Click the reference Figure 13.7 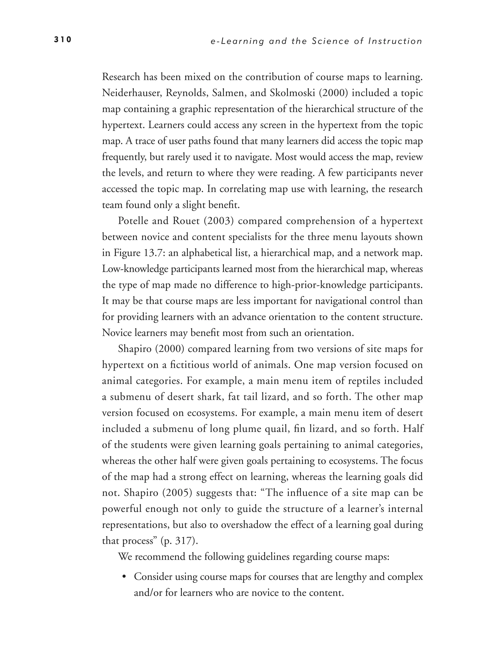(x=138, y=253)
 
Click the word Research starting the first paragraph (x=121, y=77)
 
